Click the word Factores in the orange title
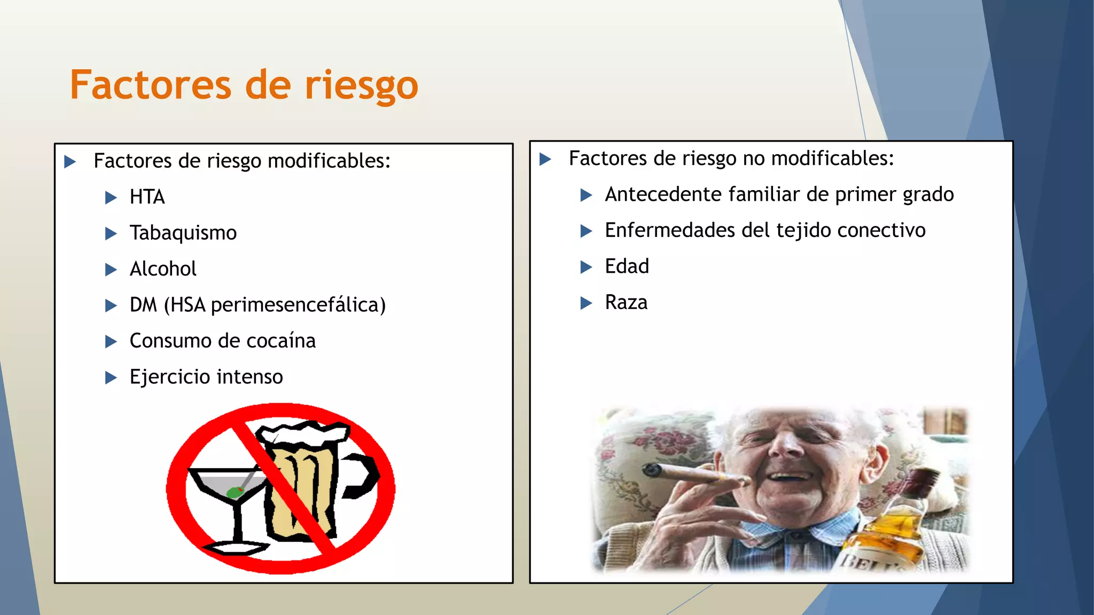pyautogui.click(x=150, y=85)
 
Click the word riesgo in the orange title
pyautogui.click(x=361, y=85)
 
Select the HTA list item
pyautogui.click(x=147, y=197)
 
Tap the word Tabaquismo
pyautogui.click(x=183, y=233)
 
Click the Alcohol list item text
pyautogui.click(x=163, y=269)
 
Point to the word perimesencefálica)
pyautogui.click(x=298, y=305)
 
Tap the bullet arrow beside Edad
pyautogui.click(x=586, y=267)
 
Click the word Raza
pyautogui.click(x=626, y=303)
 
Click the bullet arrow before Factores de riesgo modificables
pyautogui.click(x=70, y=161)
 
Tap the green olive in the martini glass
pyautogui.click(x=234, y=492)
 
